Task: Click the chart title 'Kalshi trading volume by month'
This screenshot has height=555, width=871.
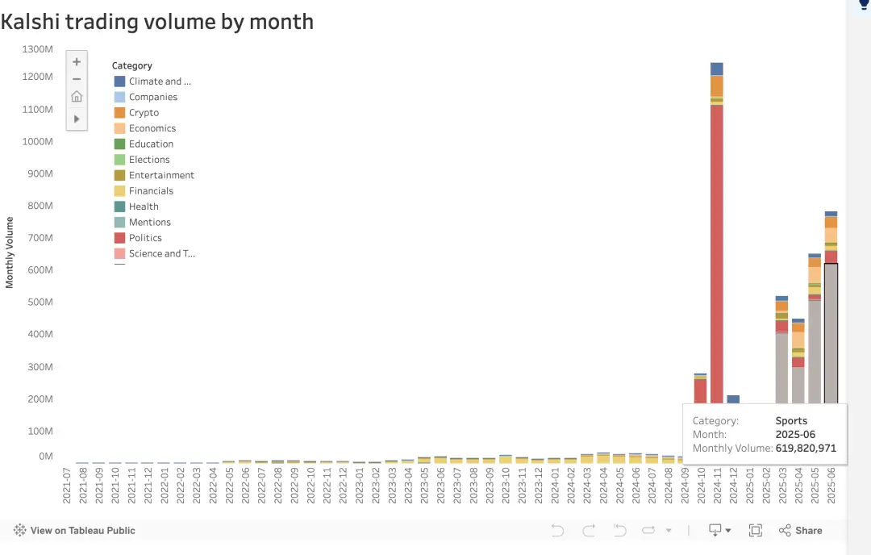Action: (x=157, y=22)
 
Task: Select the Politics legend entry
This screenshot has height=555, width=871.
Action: (x=145, y=238)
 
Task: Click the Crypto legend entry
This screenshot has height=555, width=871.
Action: (x=144, y=113)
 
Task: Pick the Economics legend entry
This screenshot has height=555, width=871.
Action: (x=152, y=128)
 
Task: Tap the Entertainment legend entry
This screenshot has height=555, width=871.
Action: (x=161, y=175)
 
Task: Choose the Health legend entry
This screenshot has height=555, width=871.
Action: (x=144, y=207)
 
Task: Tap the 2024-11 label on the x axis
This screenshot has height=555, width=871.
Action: (x=717, y=484)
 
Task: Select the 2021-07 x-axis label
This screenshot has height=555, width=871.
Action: (x=67, y=484)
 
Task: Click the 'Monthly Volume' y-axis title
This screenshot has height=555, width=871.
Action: (x=10, y=252)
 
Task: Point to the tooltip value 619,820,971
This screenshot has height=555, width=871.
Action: (x=806, y=449)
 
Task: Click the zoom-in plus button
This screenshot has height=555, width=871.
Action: (x=77, y=61)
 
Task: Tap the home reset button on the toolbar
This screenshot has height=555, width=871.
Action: (x=77, y=97)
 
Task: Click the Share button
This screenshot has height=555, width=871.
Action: (x=801, y=530)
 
